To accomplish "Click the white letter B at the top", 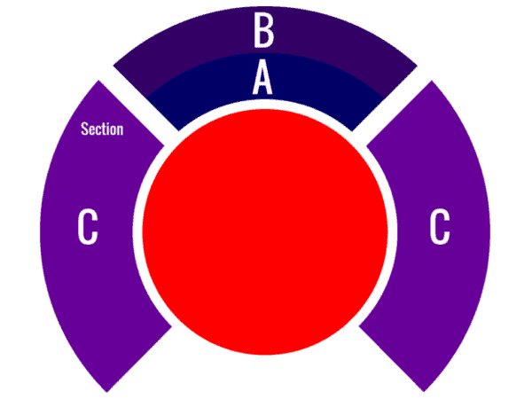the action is pos(264,30).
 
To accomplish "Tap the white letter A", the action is pos(262,77).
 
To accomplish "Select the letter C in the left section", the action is pos(88,226).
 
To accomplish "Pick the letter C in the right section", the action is pos(440,226).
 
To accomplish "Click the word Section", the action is pos(102,129).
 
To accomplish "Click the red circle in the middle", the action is pos(265,232).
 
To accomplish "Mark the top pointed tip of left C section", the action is pos(98,81).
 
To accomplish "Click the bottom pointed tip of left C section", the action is pos(107,392).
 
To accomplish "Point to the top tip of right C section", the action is pos(432,81).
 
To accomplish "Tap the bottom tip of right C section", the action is pos(424,392).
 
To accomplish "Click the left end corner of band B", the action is pos(113,66).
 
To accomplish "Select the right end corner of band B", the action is pos(418,66).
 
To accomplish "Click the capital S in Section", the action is pos(84,129).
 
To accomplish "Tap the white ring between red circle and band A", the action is pos(265,104).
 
